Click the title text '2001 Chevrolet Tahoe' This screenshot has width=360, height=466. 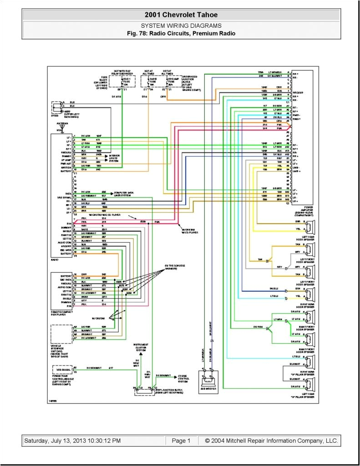pyautogui.click(x=181, y=15)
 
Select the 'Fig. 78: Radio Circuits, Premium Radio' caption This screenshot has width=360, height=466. pyautogui.click(x=181, y=33)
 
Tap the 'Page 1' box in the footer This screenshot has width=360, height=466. pyautogui.click(x=181, y=441)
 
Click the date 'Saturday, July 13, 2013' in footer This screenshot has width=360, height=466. pyautogui.click(x=72, y=441)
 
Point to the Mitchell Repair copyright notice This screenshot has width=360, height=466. pyautogui.click(x=271, y=441)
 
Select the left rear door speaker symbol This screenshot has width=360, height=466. pyautogui.click(x=309, y=226)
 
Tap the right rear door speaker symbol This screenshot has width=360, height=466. pyautogui.click(x=309, y=291)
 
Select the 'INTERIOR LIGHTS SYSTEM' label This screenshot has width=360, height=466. pyautogui.click(x=116, y=158)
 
